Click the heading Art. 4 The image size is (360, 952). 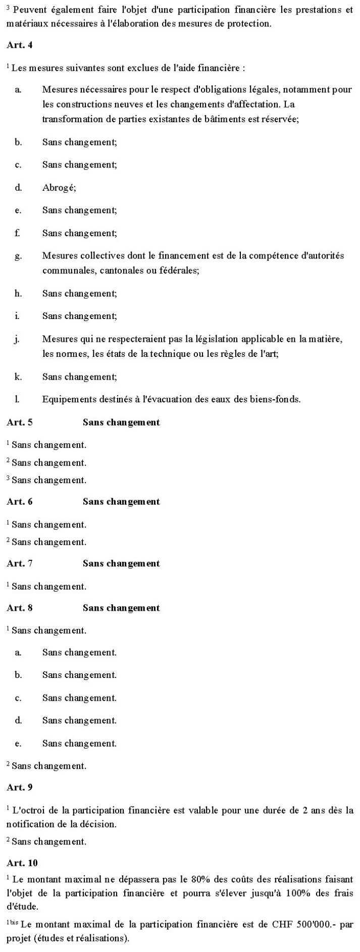tap(19, 44)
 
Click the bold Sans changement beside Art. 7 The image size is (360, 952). tap(121, 564)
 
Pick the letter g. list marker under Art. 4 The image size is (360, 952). tap(18, 256)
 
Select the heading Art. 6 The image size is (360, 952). tap(19, 502)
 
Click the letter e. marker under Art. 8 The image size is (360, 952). tap(18, 744)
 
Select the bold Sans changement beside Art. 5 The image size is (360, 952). tap(121, 422)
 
